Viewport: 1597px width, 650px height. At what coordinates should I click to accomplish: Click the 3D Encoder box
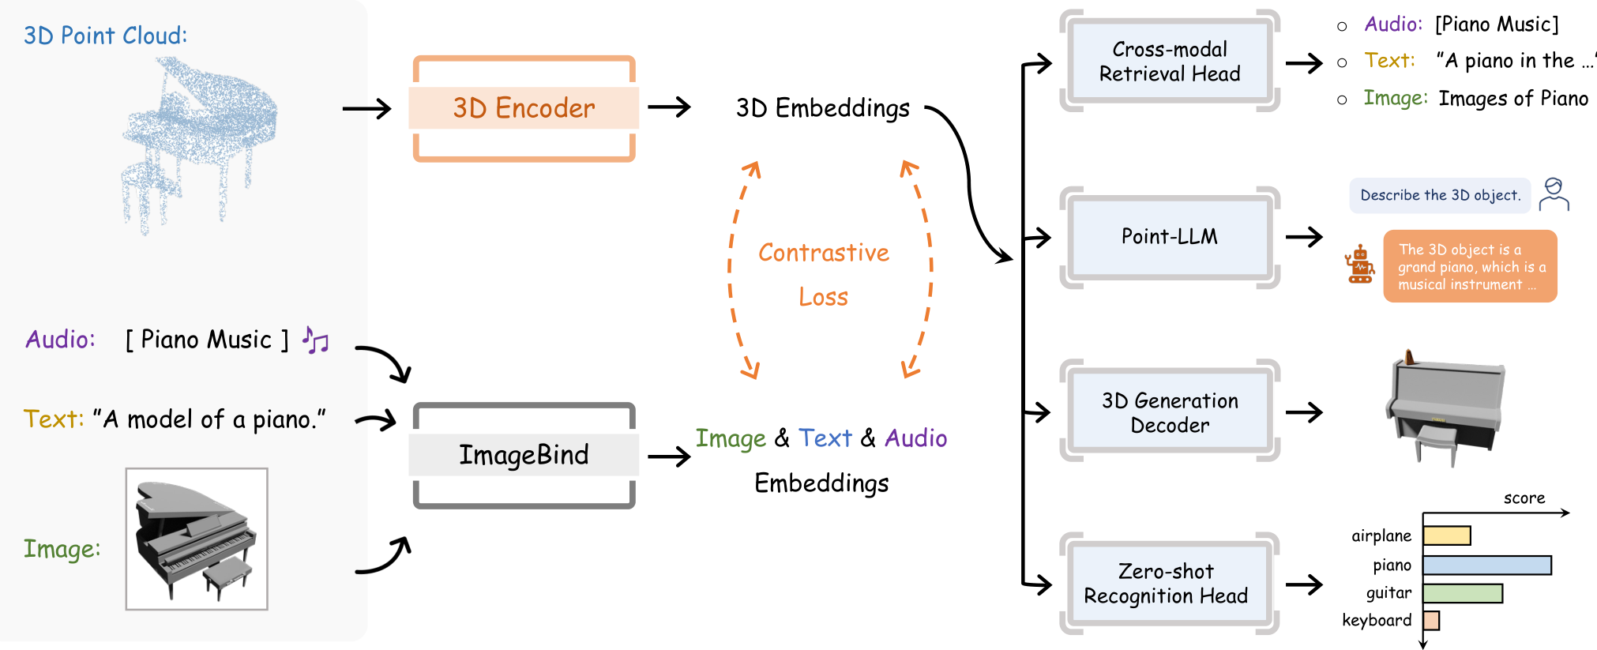[x=524, y=108]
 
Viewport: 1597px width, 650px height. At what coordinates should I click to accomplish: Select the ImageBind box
[x=524, y=455]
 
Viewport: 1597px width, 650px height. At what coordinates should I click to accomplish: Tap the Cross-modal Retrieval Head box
[x=1169, y=62]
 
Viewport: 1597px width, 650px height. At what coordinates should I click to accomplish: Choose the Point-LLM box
[x=1169, y=237]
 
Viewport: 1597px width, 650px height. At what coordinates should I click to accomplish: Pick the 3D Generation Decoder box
[x=1169, y=412]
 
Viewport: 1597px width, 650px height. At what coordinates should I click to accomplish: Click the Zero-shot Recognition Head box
[x=1166, y=584]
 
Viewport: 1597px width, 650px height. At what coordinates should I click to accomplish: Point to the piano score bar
[x=1486, y=565]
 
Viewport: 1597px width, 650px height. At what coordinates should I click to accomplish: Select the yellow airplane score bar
[x=1446, y=535]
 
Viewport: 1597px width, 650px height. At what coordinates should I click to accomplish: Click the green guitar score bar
[x=1462, y=593]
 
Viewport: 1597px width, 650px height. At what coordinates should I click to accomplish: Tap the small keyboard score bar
[x=1431, y=620]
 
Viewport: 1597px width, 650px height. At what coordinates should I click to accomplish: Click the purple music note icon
[x=315, y=340]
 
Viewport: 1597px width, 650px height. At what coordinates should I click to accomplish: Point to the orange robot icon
[x=1360, y=265]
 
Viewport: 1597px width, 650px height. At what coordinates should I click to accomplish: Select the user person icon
[x=1554, y=194]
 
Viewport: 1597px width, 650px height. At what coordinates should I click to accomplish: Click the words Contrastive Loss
[x=824, y=273]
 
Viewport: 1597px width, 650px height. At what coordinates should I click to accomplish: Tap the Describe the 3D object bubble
[x=1440, y=195]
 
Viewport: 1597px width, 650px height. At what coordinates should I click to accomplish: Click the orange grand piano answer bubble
[x=1470, y=266]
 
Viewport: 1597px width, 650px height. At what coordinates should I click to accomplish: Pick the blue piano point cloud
[x=197, y=142]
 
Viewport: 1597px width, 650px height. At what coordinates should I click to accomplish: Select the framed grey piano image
[x=197, y=539]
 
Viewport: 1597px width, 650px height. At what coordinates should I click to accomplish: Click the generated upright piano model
[x=1445, y=407]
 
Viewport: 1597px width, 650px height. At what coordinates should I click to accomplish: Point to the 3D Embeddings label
[x=822, y=108]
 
